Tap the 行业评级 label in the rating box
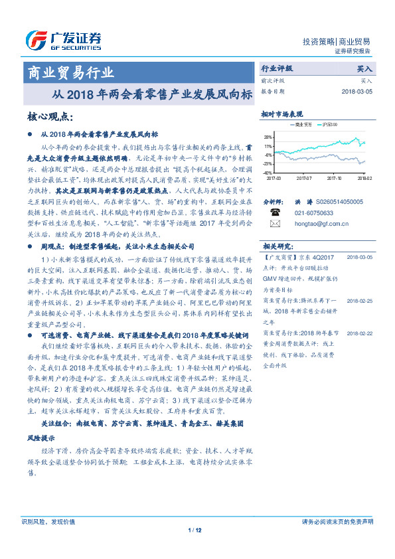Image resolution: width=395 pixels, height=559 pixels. tap(277, 68)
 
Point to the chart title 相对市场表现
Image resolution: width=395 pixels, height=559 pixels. tap(282, 114)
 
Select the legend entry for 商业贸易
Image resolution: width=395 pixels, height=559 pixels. tap(303, 125)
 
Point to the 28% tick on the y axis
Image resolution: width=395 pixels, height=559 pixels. tap(268, 136)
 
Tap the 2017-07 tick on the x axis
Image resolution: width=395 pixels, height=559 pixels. tap(304, 178)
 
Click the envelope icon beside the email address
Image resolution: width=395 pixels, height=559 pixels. tap(275, 224)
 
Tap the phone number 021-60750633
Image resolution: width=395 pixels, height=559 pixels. tap(313, 213)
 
